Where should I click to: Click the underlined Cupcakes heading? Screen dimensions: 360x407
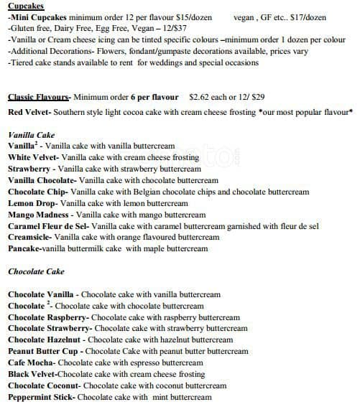pyautogui.click(x=25, y=5)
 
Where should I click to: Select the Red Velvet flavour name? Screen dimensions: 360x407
pyautogui.click(x=27, y=113)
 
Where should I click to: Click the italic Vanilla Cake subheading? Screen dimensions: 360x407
pyautogui.click(x=31, y=134)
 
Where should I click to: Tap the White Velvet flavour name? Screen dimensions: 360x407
pyautogui.click(x=32, y=157)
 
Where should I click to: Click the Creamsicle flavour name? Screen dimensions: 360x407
pyautogui.click(x=29, y=238)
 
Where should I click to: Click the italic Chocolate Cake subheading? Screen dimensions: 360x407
pyautogui.click(x=36, y=272)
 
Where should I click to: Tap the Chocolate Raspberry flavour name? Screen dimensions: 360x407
pyautogui.click(x=47, y=317)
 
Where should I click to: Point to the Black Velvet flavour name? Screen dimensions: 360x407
pyautogui.click(x=32, y=375)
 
